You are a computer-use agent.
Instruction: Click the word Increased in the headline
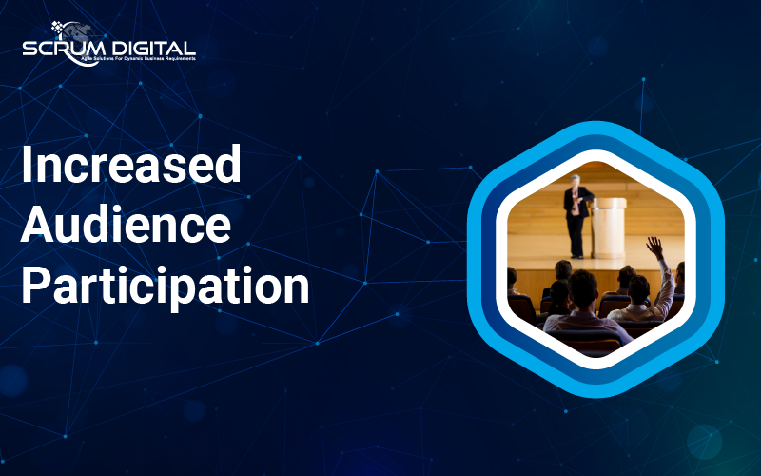pos(131,164)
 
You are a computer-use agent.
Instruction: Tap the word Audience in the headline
pos(127,225)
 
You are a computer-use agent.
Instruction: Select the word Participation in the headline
pos(165,287)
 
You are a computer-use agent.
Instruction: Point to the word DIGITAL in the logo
pos(153,49)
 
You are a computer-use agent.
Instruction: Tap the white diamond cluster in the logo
pos(58,28)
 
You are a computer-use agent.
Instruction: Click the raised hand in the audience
pos(655,248)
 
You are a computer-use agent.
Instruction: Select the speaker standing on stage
pos(576,216)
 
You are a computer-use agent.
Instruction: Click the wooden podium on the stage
pos(608,228)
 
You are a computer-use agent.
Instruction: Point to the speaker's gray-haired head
pos(576,181)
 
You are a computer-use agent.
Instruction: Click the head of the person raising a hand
pos(638,290)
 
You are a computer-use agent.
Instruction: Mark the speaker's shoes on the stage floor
pos(577,256)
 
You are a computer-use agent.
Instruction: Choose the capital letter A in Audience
pos(37,225)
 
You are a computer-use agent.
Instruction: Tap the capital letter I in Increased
pos(27,164)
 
